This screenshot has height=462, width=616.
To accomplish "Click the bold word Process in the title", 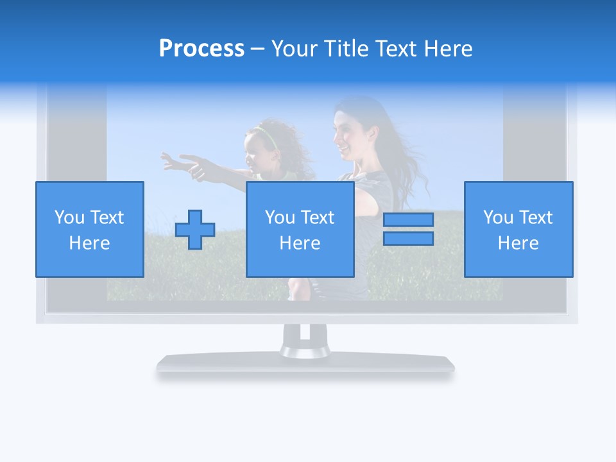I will tap(201, 49).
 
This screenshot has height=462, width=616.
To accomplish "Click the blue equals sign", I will tap(408, 229).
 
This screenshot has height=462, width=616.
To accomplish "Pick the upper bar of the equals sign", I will tap(408, 220).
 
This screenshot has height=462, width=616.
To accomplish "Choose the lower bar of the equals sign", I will tap(408, 238).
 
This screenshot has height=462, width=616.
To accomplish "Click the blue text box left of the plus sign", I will tap(89, 229).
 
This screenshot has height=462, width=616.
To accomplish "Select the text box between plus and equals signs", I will tap(300, 229).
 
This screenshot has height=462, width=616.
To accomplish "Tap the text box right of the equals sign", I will tap(518, 229).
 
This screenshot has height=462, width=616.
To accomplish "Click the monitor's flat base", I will tap(305, 363).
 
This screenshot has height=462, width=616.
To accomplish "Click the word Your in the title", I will tap(295, 49).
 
